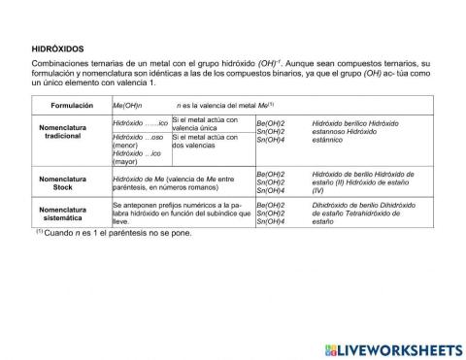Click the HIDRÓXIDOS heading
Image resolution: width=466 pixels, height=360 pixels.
point(59,46)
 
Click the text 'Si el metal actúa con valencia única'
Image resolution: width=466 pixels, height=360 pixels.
point(204,123)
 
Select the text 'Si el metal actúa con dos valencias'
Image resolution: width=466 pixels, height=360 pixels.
point(204,142)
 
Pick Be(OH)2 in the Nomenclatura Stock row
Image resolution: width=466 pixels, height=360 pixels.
point(270,174)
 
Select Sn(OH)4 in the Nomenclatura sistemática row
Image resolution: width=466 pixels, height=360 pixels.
point(270,222)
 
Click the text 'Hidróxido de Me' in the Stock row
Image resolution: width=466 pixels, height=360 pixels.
point(142,179)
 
